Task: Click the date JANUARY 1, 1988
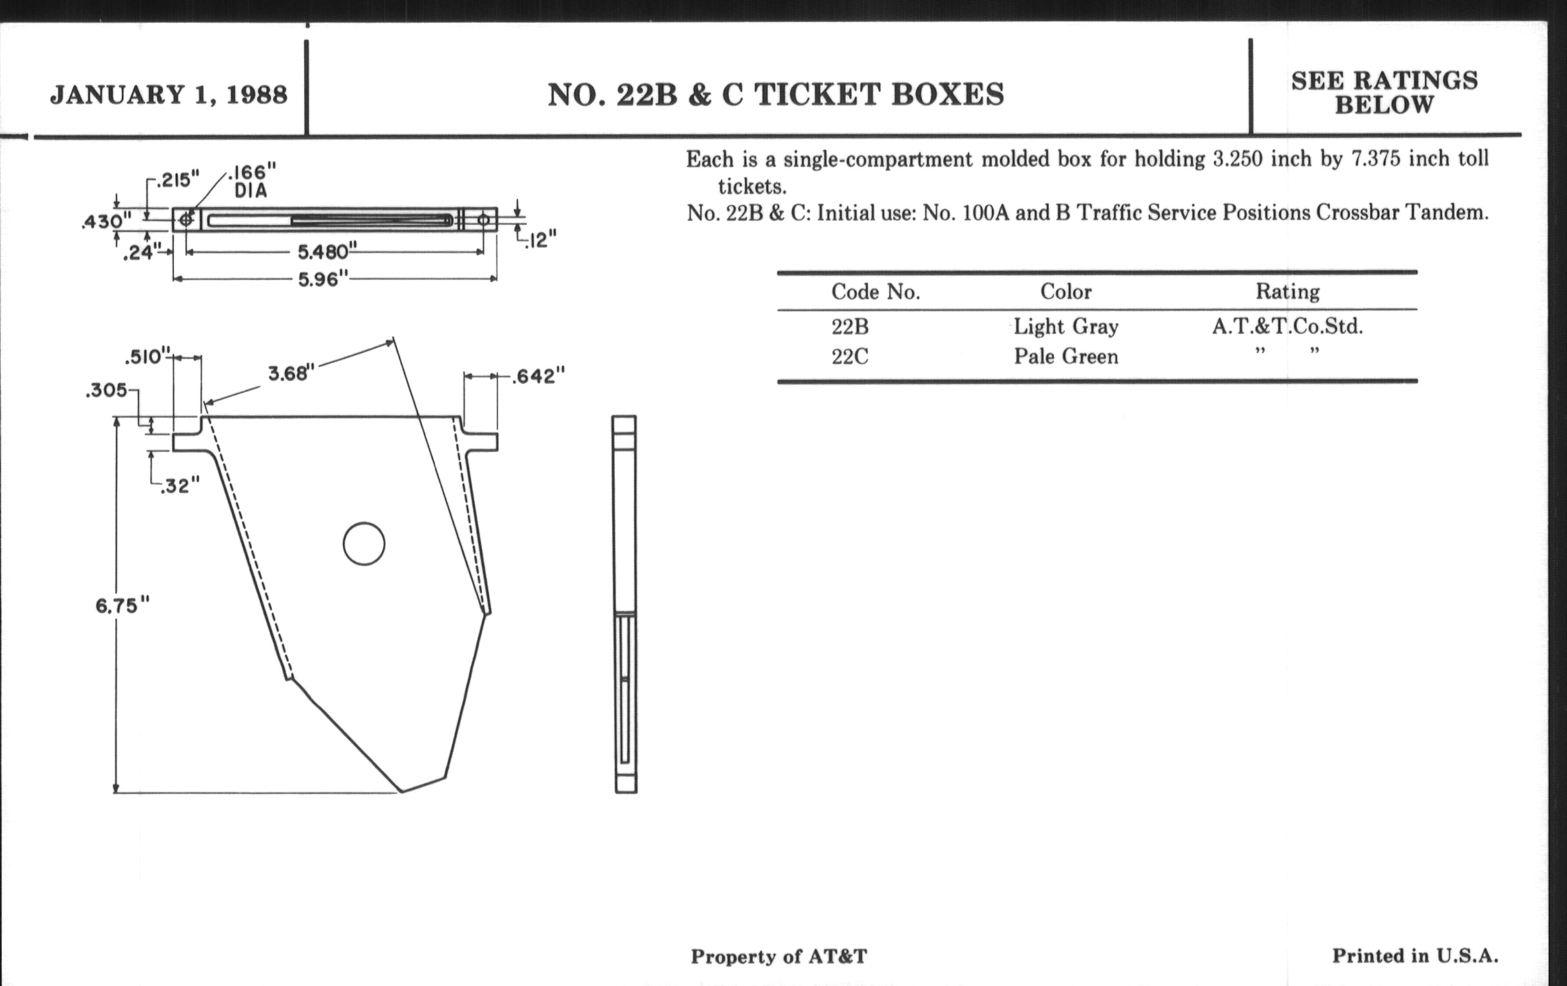coord(169,95)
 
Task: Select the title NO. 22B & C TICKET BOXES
coord(776,95)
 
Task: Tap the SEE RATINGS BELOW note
coord(1385,92)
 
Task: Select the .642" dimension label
coord(538,376)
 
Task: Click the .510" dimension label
coord(148,356)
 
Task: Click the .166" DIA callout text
coord(252,182)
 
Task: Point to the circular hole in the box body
coord(364,543)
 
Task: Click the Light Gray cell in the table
coord(1066,327)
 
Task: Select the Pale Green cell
coord(1066,356)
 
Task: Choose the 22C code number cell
coord(850,356)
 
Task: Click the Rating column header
coord(1288,291)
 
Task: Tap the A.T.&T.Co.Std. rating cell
coord(1287,326)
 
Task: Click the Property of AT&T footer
coord(779,956)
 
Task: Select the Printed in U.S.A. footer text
coord(1416,956)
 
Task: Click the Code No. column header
coord(876,291)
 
